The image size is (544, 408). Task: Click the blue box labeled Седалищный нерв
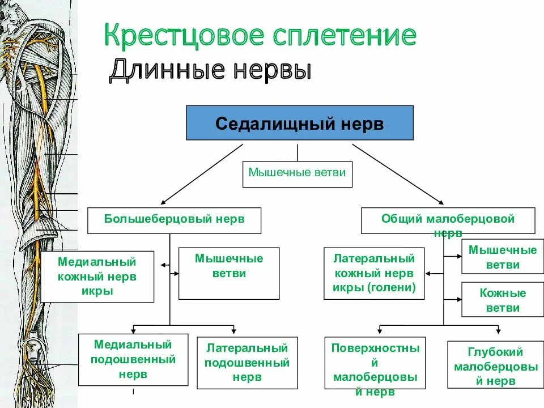coord(299,122)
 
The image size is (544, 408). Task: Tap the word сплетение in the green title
coord(343,36)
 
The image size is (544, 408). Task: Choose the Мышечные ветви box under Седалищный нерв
coord(297,173)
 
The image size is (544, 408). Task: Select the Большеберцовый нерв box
coord(174,220)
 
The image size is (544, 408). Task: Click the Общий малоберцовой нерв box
coord(448,220)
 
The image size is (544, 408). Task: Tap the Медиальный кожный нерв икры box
coord(97,277)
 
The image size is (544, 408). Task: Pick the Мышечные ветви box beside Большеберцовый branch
coord(229,273)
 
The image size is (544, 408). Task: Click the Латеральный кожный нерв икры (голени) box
coord(374,273)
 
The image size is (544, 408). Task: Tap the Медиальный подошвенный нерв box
coord(133,360)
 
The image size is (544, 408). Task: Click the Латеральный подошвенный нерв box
coord(247,363)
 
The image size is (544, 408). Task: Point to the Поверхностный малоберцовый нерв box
coord(375,363)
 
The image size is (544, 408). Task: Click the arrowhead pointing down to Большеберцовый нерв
coord(164,201)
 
